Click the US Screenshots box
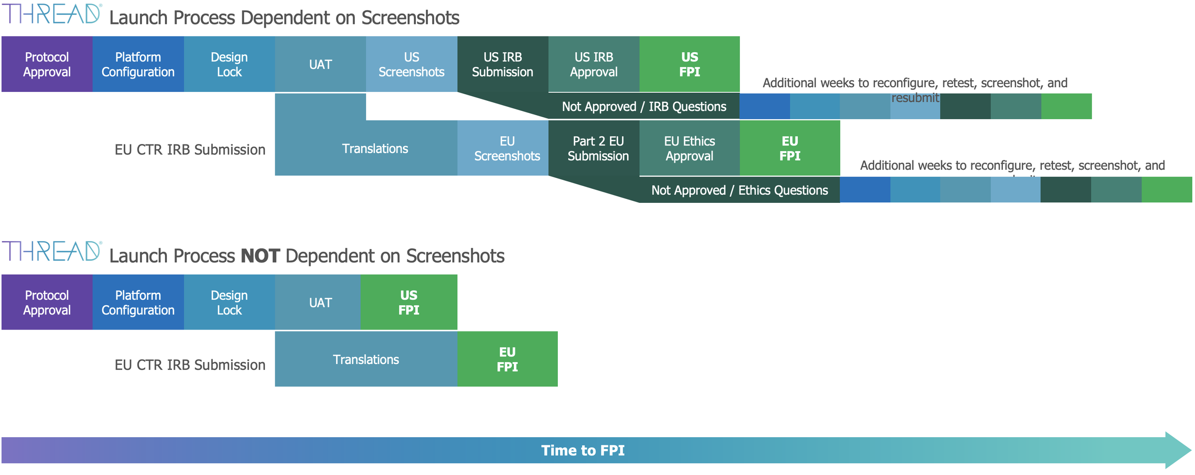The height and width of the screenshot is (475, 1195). pyautogui.click(x=411, y=64)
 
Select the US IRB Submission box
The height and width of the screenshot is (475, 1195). pyautogui.click(x=502, y=64)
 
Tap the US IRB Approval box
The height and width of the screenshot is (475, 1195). pyautogui.click(x=594, y=64)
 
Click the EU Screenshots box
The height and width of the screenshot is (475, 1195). pyautogui.click(x=507, y=148)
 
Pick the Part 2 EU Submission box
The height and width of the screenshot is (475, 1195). pyautogui.click(x=598, y=148)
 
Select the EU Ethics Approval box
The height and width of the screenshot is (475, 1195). pyautogui.click(x=689, y=148)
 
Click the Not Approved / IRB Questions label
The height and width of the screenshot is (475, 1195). pyautogui.click(x=644, y=106)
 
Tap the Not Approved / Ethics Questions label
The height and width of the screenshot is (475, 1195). pyautogui.click(x=739, y=190)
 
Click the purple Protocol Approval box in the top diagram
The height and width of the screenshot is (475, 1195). pyautogui.click(x=47, y=64)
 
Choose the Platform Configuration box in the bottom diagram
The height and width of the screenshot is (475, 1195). pyautogui.click(x=138, y=302)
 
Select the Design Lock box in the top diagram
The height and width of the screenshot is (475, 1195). pyautogui.click(x=229, y=64)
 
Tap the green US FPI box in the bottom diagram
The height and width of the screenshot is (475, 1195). pyautogui.click(x=409, y=302)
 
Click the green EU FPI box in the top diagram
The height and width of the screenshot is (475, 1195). pyautogui.click(x=790, y=148)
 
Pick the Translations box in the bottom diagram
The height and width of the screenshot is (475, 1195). pyautogui.click(x=366, y=359)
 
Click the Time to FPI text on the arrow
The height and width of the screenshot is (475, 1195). pyautogui.click(x=583, y=450)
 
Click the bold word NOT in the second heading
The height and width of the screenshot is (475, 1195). pyautogui.click(x=260, y=256)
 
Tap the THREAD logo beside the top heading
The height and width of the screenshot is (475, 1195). pyautogui.click(x=52, y=14)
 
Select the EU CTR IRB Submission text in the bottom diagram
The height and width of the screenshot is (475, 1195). pyautogui.click(x=190, y=365)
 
